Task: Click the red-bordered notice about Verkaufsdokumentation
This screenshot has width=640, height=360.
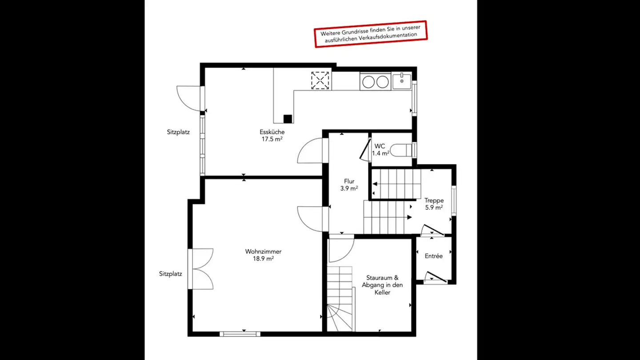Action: click(x=370, y=33)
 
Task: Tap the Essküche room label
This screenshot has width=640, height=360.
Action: click(x=272, y=132)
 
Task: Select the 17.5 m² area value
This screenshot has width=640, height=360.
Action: click(x=272, y=139)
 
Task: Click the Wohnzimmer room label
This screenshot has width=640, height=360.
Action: click(x=263, y=252)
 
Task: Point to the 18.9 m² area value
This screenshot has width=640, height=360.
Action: click(x=263, y=259)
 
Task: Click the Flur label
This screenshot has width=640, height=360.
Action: click(x=349, y=181)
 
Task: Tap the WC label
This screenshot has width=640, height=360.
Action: click(x=380, y=146)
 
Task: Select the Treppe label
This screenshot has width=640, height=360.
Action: click(x=434, y=200)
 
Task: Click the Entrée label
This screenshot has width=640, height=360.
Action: click(x=433, y=256)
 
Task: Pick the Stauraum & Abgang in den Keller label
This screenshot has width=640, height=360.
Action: click(x=382, y=285)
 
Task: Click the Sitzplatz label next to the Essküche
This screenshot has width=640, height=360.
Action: click(x=178, y=132)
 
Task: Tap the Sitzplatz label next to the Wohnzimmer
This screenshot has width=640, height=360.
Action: click(x=171, y=274)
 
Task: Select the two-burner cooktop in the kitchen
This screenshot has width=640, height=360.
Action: click(x=375, y=82)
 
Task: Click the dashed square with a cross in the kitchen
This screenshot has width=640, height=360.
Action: click(x=320, y=81)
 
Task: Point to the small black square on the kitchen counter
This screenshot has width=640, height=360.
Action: click(x=288, y=119)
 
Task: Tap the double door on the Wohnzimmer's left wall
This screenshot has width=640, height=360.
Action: click(x=201, y=269)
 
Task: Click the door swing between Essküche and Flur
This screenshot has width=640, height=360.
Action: click(x=310, y=152)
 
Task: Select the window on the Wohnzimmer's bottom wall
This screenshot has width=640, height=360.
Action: click(x=240, y=333)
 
